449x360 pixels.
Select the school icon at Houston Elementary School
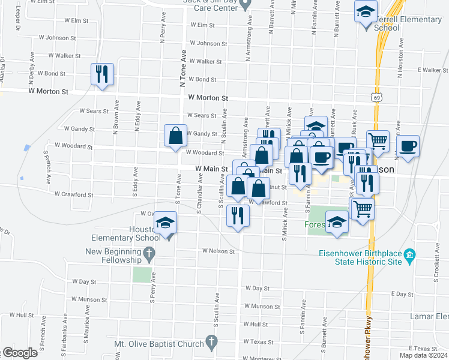164,223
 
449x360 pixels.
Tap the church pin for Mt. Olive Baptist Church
211,343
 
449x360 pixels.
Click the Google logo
20,353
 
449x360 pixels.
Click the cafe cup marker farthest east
408,147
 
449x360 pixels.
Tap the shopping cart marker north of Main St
378,142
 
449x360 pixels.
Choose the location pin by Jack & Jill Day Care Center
244,5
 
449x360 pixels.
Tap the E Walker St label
434,70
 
